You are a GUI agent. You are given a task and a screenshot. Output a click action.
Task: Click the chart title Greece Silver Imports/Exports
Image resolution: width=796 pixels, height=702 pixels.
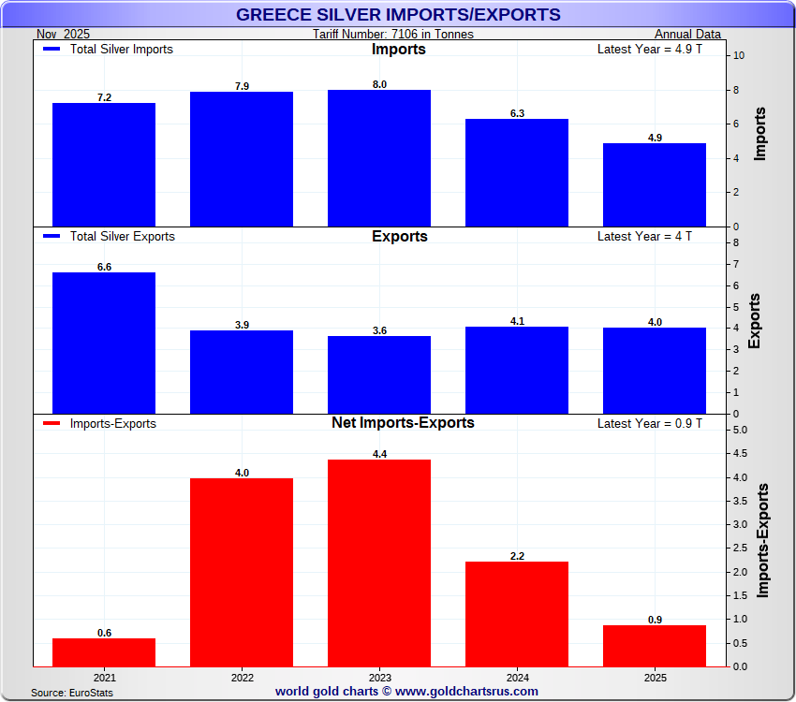pos(398,14)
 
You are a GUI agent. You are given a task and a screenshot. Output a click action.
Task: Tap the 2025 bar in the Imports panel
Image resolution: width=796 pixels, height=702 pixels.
pos(655,184)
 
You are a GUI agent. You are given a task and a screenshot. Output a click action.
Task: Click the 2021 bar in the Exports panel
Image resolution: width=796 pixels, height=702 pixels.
pos(104,343)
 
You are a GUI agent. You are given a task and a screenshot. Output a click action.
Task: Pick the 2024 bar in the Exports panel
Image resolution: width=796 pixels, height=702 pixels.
pos(517,370)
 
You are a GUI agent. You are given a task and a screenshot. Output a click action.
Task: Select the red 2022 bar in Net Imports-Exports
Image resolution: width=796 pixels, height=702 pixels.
pos(242,572)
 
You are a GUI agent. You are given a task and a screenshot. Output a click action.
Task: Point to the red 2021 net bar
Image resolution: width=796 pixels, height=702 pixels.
pos(104,652)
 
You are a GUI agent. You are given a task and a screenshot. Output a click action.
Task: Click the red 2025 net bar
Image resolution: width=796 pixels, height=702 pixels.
pos(655,646)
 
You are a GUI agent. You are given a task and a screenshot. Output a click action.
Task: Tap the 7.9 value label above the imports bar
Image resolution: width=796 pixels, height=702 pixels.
pos(242,86)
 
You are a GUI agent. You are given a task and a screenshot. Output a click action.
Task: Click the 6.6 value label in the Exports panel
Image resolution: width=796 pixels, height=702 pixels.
pos(104,267)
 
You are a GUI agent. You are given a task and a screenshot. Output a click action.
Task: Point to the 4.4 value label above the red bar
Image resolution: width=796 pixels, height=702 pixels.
pos(379,454)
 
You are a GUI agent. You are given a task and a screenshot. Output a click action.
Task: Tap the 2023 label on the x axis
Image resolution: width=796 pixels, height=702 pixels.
pos(379,676)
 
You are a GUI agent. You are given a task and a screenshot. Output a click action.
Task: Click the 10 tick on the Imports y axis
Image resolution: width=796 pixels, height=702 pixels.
pos(739,55)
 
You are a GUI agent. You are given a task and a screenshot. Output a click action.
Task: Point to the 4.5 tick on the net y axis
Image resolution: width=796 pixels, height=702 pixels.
pos(740,454)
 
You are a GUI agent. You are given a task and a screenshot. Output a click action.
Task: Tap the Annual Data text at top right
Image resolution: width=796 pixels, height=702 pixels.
pos(687,35)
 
